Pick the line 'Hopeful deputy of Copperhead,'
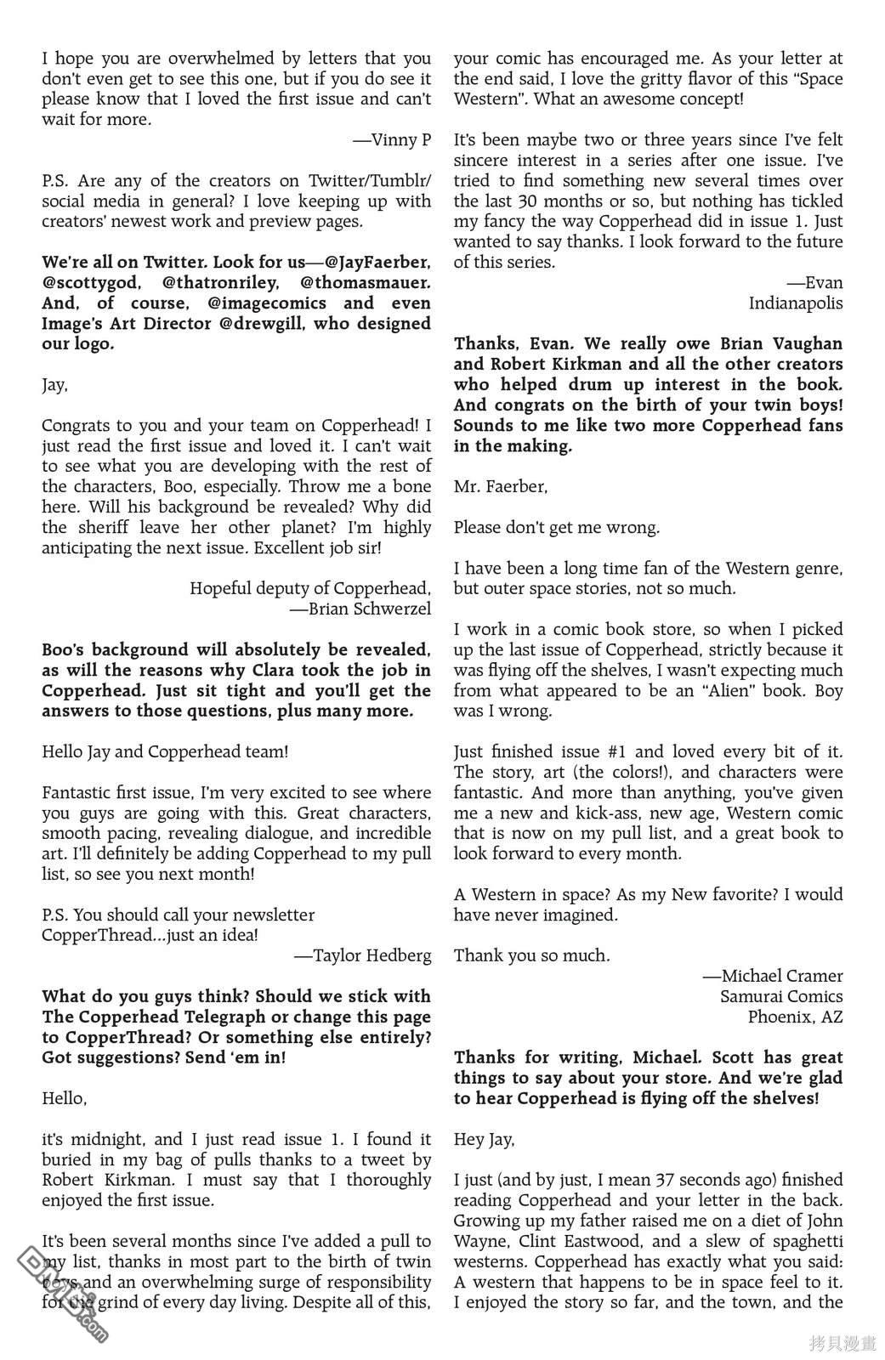click(x=310, y=589)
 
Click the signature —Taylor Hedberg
click(x=363, y=956)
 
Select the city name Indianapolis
click(x=796, y=303)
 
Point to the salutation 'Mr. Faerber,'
click(x=501, y=487)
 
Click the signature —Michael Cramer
click(x=772, y=977)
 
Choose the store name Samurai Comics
click(x=781, y=997)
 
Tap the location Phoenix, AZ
click(x=796, y=1017)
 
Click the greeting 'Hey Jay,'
click(x=484, y=1140)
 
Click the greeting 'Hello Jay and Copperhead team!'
click(x=165, y=752)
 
